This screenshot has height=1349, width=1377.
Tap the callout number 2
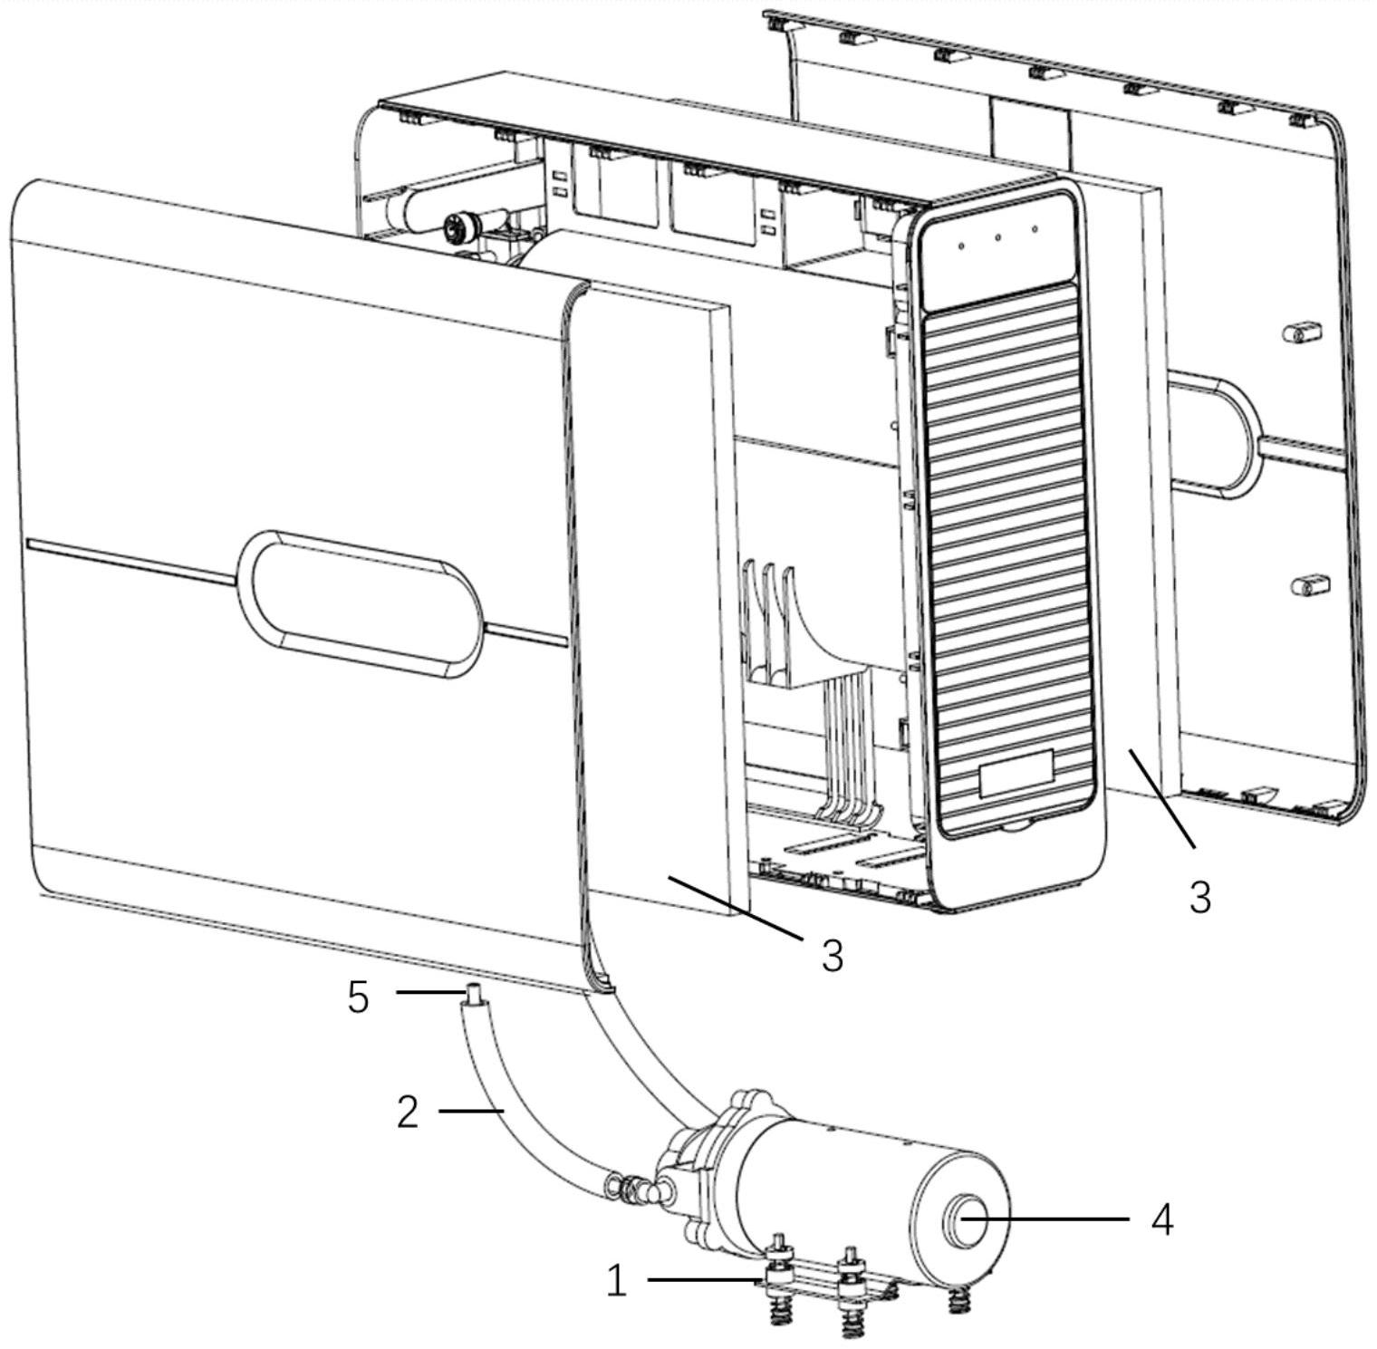point(408,1111)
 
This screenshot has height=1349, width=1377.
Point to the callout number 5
point(359,997)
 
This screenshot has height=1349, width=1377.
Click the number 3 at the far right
point(1199,898)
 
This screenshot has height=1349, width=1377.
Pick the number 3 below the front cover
point(833,955)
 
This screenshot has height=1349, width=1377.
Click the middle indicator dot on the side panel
point(997,238)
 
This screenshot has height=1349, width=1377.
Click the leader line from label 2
point(471,1110)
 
